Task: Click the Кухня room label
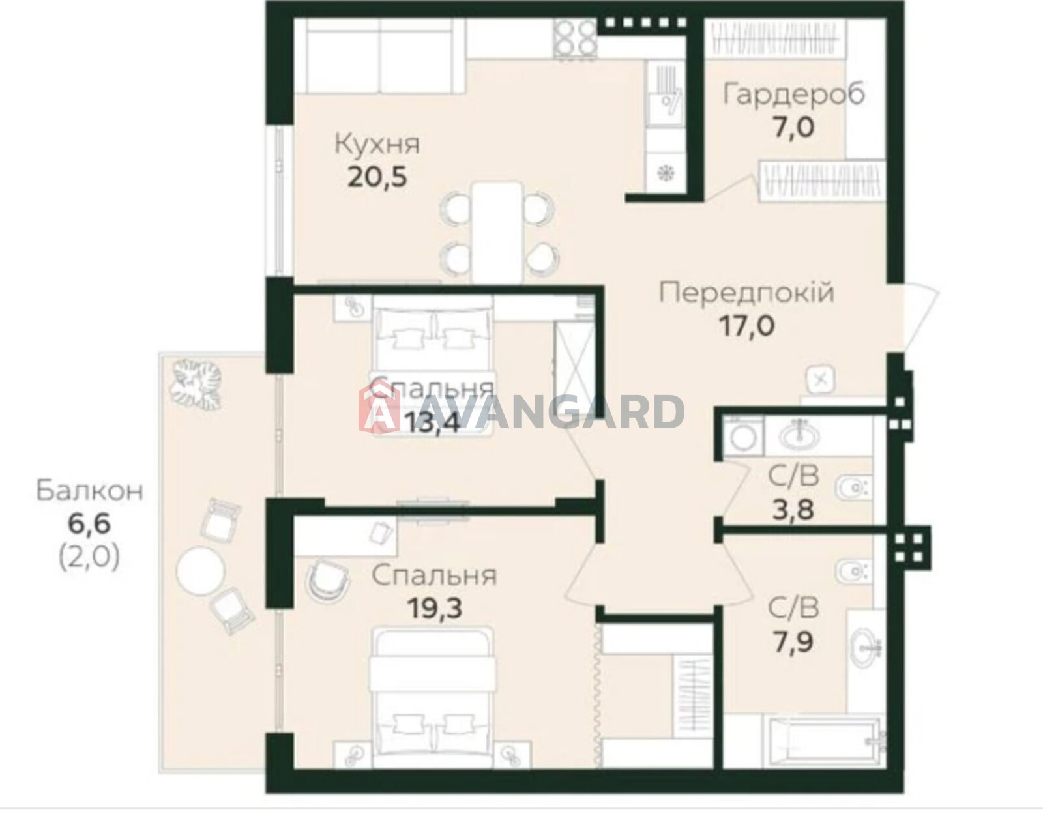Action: (377, 145)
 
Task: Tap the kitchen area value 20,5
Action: (377, 177)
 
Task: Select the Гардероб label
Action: (794, 94)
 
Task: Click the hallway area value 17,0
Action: (747, 326)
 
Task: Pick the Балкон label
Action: (90, 491)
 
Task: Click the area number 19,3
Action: (434, 608)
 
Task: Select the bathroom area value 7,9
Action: (793, 643)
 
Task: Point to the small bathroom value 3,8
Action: (793, 510)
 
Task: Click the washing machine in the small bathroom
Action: (742, 435)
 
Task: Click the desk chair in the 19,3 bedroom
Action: (326, 581)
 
